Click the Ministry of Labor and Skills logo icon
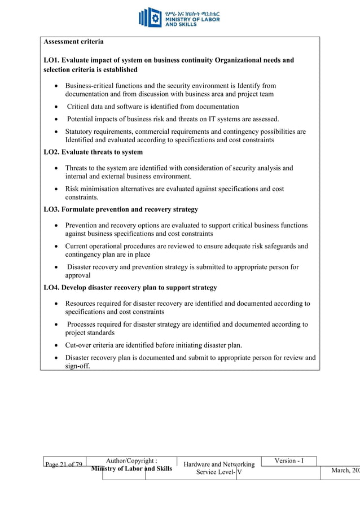150,17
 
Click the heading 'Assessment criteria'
73,42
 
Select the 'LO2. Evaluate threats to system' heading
93,152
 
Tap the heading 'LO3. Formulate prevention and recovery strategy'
121,210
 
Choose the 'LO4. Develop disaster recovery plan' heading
130,288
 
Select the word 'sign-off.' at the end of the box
77,366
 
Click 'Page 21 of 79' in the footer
64,465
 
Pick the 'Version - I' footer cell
289,461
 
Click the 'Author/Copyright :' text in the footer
132,460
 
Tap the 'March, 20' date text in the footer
346,471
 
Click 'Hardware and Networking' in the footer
219,465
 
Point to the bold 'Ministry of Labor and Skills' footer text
132,469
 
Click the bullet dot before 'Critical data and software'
57,107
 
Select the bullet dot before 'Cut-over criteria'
57,345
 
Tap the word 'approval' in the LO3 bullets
77,275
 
